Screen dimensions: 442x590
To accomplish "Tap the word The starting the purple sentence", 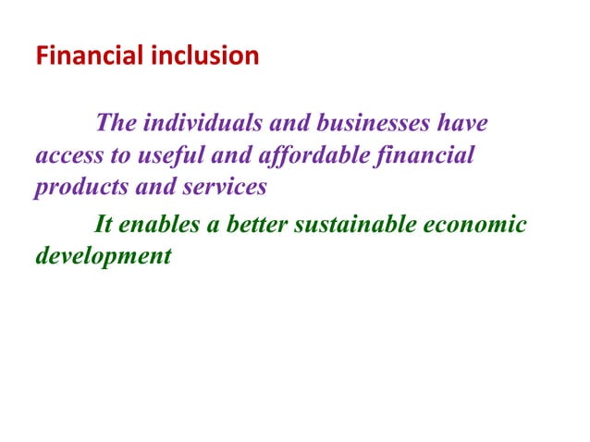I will (x=115, y=123).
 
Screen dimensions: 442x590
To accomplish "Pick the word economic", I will (x=480, y=225).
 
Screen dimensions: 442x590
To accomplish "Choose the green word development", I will (x=103, y=256).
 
